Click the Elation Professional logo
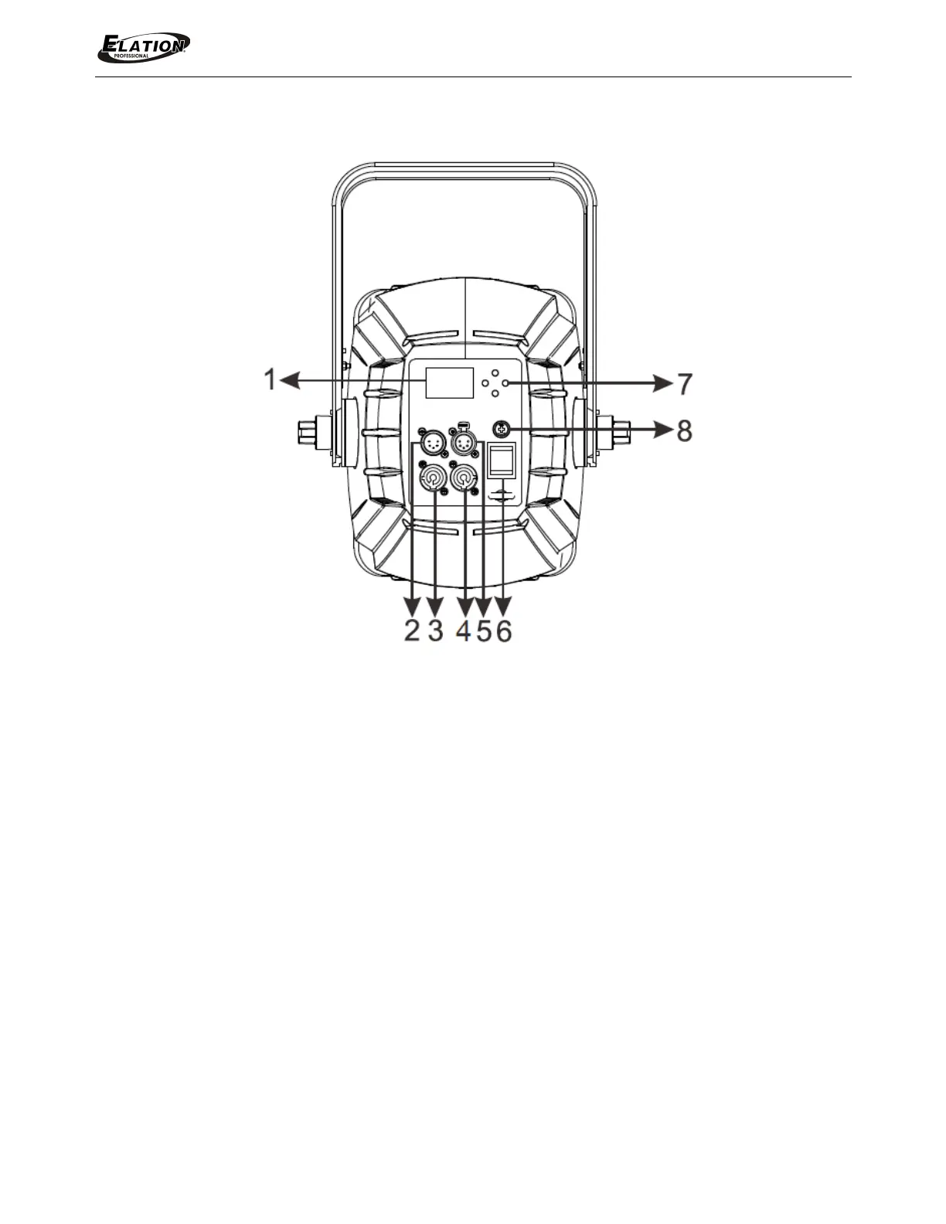(144, 47)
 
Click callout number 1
(271, 379)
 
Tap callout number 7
(684, 384)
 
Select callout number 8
(684, 431)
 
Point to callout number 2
(413, 631)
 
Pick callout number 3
(436, 631)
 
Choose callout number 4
(463, 631)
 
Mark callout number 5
(483, 631)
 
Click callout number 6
(504, 631)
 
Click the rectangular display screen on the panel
(449, 382)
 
